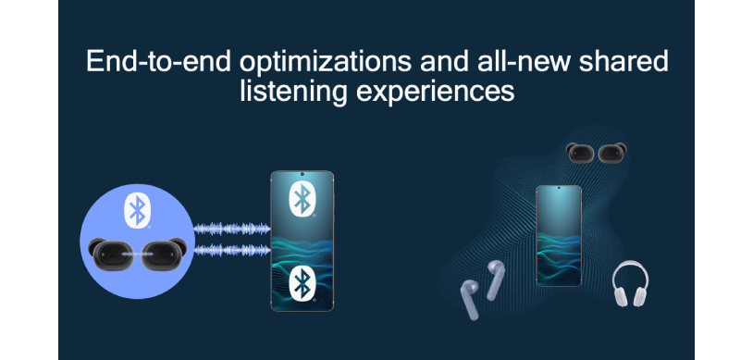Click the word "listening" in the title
tap(281, 92)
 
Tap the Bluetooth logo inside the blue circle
tap(137, 210)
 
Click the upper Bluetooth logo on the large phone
tap(302, 198)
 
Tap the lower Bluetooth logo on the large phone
tap(302, 284)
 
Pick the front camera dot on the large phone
tap(302, 176)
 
